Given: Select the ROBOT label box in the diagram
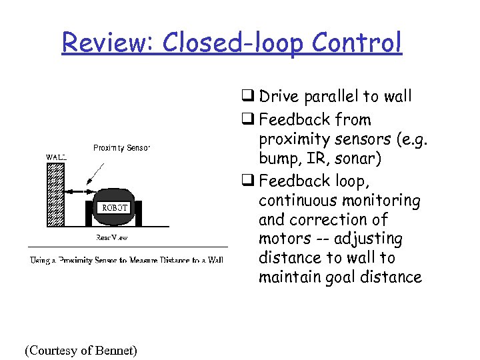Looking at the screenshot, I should click(114, 207).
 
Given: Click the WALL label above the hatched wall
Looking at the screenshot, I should click(56, 157).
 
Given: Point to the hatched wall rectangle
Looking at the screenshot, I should click(56, 193).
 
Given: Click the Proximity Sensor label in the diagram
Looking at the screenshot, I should click(121, 147).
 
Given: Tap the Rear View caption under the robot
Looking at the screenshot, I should click(111, 237).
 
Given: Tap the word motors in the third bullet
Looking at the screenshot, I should click(283, 239).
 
